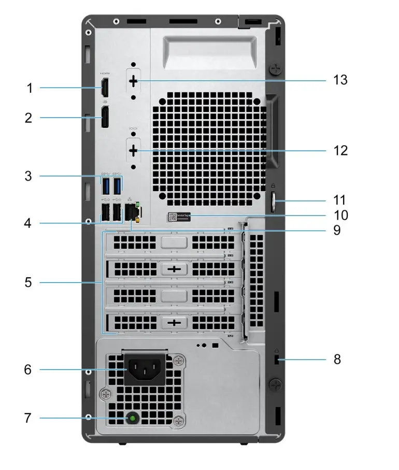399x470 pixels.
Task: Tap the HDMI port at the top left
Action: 104,89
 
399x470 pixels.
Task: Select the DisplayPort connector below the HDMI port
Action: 104,118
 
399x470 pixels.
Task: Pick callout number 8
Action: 337,359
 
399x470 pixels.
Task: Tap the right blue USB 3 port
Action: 118,186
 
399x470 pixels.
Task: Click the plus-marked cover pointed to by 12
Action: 133,151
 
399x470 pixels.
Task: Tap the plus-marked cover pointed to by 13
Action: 133,81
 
